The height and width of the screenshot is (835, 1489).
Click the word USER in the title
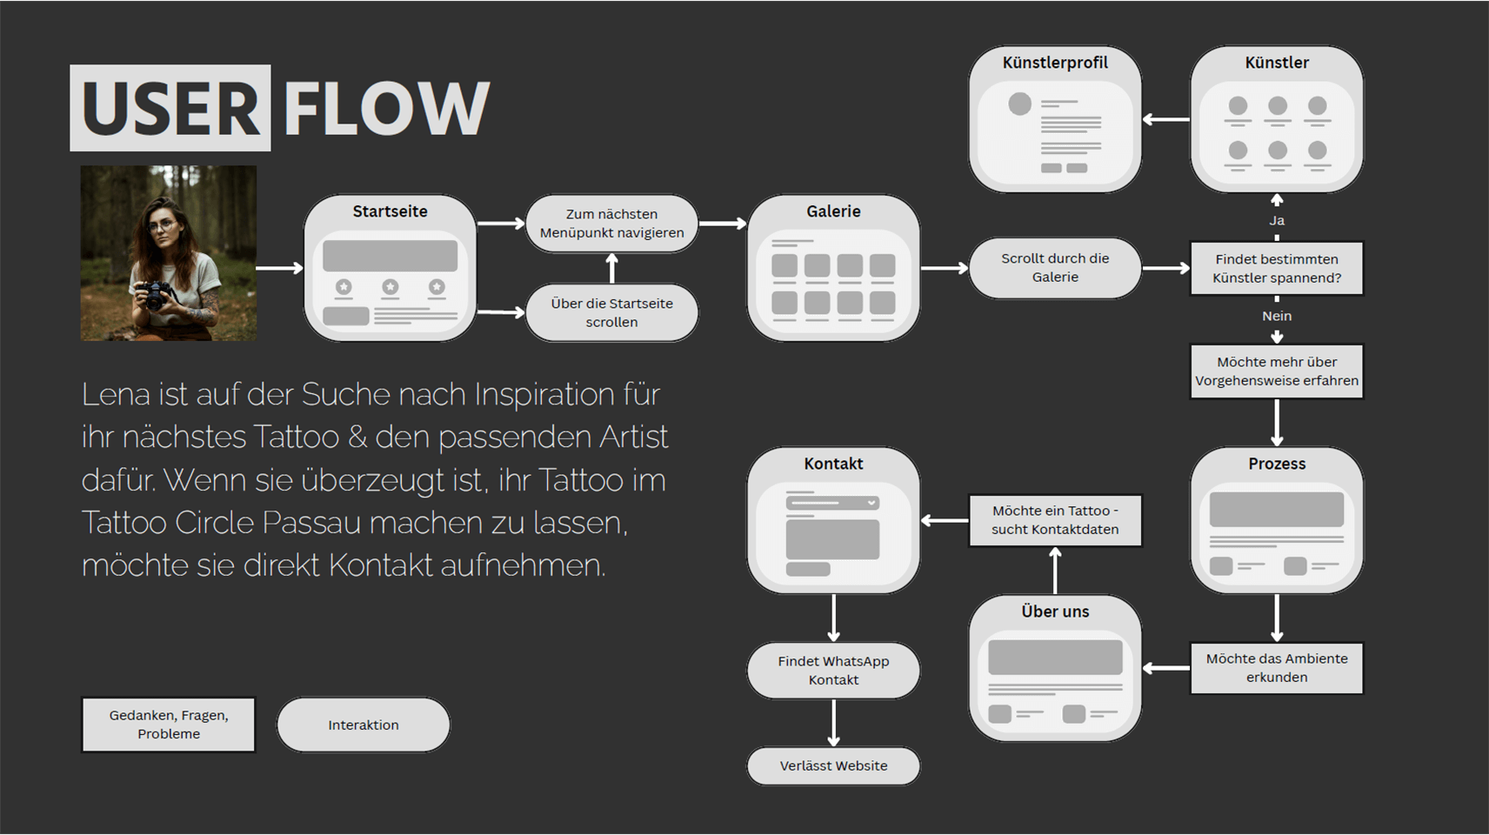(170, 109)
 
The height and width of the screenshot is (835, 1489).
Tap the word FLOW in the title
(386, 109)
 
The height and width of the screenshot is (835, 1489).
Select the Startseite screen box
(390, 268)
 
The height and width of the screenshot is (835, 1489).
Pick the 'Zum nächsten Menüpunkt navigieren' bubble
(611, 224)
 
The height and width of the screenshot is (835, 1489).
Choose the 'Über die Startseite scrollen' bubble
(611, 312)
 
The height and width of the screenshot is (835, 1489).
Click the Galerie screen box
(833, 268)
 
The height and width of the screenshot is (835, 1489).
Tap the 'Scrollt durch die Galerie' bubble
(1055, 268)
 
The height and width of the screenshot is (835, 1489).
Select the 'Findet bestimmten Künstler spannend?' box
(1276, 269)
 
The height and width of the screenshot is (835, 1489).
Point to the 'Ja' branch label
(1276, 221)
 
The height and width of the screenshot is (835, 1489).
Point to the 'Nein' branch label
(1276, 316)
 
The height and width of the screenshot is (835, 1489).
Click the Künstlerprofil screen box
(1055, 119)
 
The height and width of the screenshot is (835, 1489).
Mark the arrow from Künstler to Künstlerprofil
(1165, 119)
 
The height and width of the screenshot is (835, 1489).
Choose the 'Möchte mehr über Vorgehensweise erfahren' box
(1276, 371)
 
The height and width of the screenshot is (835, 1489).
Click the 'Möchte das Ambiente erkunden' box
(1276, 668)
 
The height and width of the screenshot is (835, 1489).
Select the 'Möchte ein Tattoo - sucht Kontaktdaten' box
(1055, 520)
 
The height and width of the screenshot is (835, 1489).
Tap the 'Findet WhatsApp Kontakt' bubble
(833, 671)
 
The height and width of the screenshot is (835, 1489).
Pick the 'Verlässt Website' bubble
(833, 765)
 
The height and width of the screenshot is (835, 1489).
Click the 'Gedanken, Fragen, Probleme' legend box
(169, 725)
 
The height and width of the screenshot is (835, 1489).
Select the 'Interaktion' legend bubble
(364, 725)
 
